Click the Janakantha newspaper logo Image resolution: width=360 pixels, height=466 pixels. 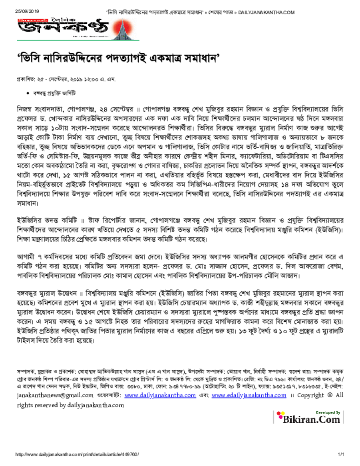click(63, 29)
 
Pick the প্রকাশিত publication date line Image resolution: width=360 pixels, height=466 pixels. click(66, 80)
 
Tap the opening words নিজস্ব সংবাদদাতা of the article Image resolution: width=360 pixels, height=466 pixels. click(43, 111)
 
